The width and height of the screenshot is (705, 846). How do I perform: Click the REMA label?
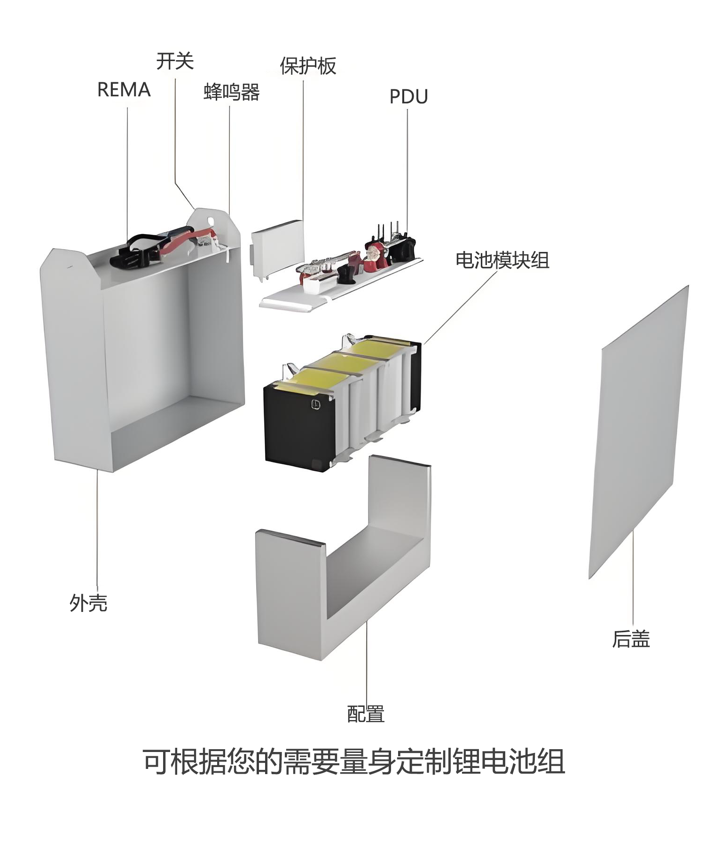pyautogui.click(x=124, y=89)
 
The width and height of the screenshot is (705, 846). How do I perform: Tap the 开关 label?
pyautogui.click(x=175, y=61)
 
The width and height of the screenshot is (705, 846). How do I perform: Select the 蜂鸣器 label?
pyautogui.click(x=232, y=92)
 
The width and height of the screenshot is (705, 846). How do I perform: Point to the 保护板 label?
pyautogui.click(x=308, y=66)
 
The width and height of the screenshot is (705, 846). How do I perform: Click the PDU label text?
pyautogui.click(x=409, y=97)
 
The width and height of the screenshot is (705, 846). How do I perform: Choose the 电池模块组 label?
pyautogui.click(x=502, y=260)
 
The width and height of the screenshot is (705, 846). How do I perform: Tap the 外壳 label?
pyautogui.click(x=88, y=603)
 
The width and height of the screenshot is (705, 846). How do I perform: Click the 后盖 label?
pyautogui.click(x=631, y=639)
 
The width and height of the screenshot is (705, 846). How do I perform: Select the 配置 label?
pyautogui.click(x=366, y=714)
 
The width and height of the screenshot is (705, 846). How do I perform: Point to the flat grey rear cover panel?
pyautogui.click(x=638, y=431)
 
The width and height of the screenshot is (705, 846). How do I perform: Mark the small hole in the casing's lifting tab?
pyautogui.click(x=210, y=219)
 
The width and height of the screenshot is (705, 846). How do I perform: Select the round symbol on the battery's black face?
pyautogui.click(x=315, y=403)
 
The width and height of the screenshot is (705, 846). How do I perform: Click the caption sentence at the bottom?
pyautogui.click(x=353, y=774)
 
